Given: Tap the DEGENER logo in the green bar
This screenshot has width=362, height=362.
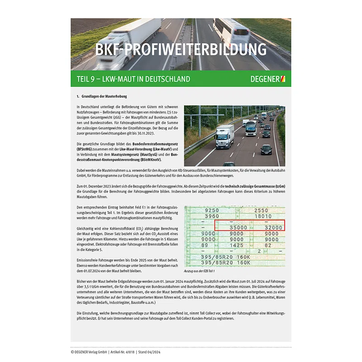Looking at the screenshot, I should [x=267, y=79].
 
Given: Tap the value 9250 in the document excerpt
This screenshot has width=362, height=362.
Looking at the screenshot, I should [x=211, y=210].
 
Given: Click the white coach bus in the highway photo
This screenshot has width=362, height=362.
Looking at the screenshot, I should [x=250, y=128].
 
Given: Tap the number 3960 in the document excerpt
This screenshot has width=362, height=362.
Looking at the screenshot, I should [x=211, y=216].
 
